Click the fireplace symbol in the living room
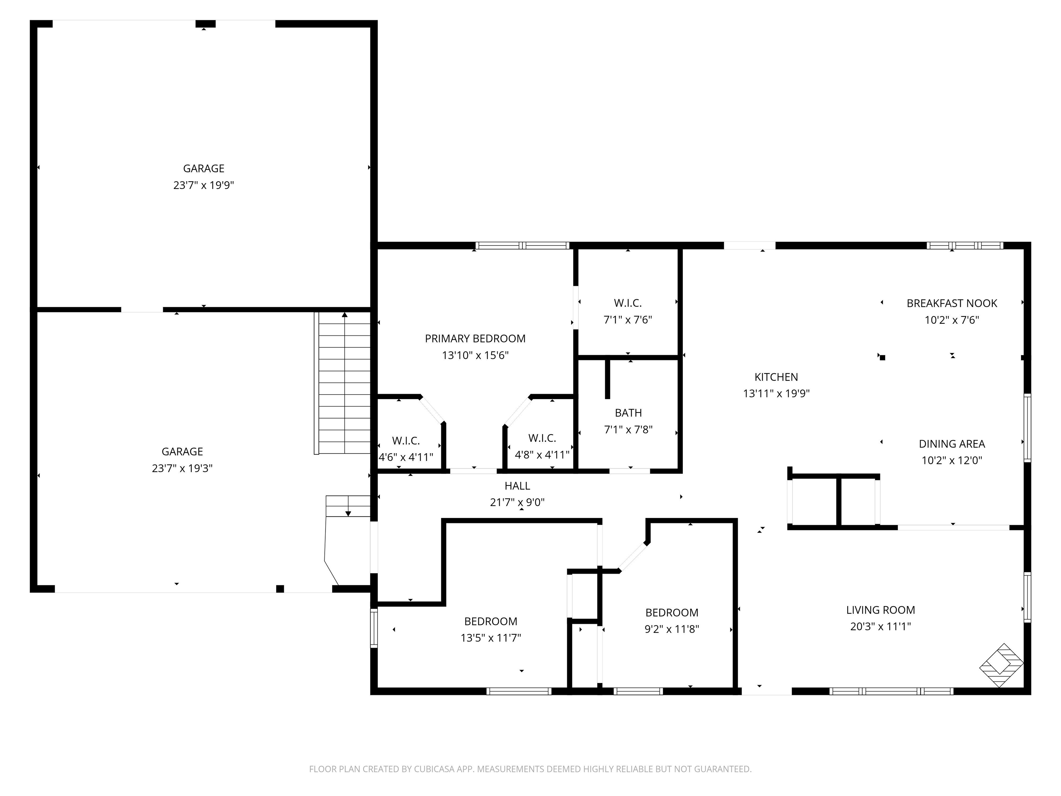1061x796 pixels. click(x=1001, y=665)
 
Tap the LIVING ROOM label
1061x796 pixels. click(x=880, y=610)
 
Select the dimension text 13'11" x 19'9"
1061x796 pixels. click(x=776, y=394)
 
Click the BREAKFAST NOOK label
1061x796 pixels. click(x=952, y=303)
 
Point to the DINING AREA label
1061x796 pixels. click(x=952, y=444)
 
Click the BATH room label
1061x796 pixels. click(x=628, y=413)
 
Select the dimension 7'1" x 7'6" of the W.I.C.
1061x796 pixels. click(x=628, y=320)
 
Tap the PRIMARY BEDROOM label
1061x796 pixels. click(x=475, y=339)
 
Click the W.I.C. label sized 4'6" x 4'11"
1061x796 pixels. click(x=406, y=440)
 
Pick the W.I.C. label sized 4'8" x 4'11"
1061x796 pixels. click(x=542, y=438)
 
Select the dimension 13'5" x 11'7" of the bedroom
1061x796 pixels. click(x=491, y=638)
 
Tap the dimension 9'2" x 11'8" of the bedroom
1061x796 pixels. click(x=671, y=629)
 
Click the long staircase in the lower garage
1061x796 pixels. click(x=344, y=384)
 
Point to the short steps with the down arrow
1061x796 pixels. click(x=348, y=506)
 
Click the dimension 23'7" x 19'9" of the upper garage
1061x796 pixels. click(x=203, y=185)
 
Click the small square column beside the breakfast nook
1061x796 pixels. click(x=882, y=358)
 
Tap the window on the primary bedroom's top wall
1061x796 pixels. click(x=522, y=246)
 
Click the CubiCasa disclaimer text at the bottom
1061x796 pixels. click(x=530, y=769)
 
